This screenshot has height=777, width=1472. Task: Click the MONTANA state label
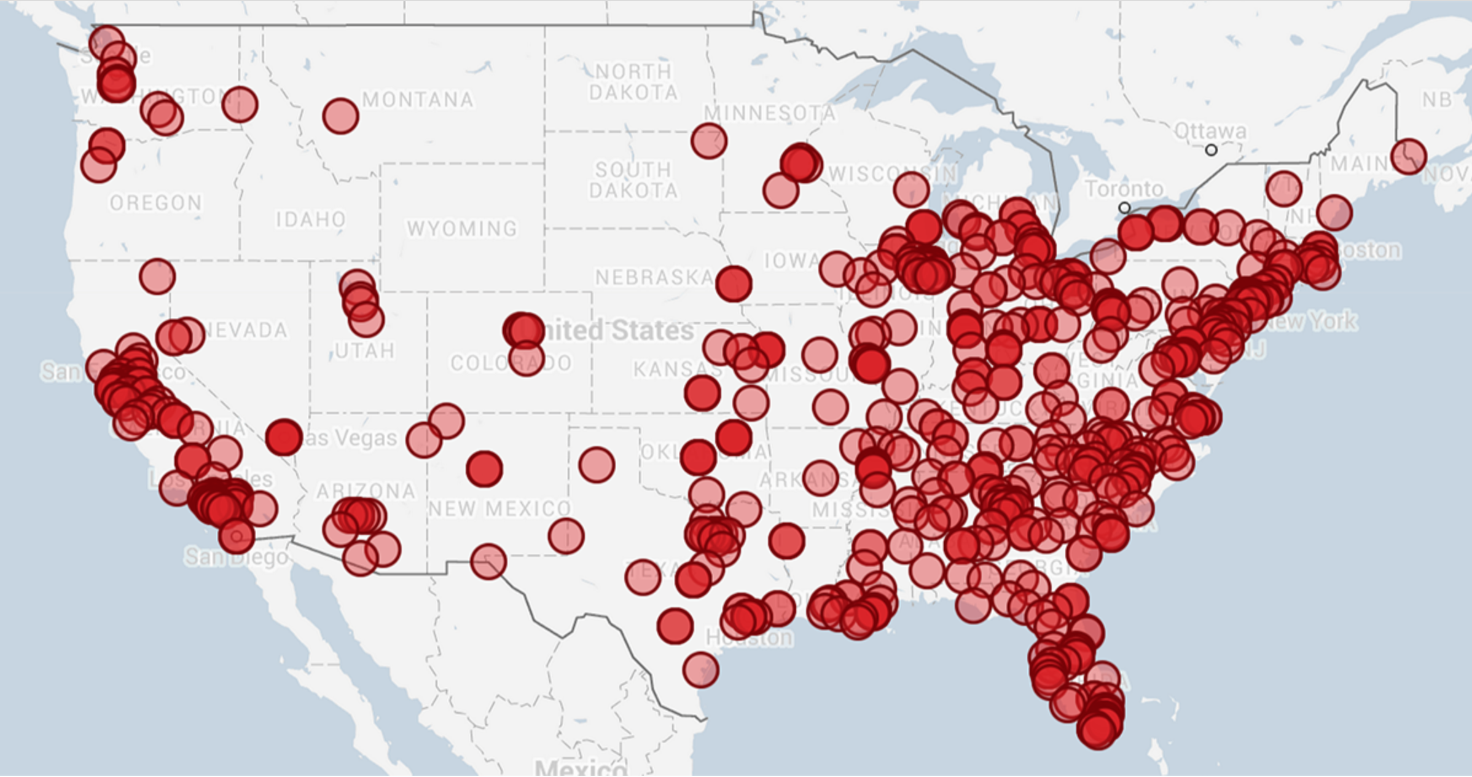[418, 100]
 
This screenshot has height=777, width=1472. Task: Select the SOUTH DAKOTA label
[633, 180]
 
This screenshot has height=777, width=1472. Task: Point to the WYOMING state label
[462, 229]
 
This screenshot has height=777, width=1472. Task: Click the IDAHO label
[311, 219]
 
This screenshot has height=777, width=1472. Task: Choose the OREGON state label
[156, 203]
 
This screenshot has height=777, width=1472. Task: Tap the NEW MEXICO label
[499, 508]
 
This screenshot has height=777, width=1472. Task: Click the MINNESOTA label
[769, 113]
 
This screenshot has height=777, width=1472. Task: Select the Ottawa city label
[1210, 131]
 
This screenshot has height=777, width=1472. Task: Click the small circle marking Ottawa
[1211, 150]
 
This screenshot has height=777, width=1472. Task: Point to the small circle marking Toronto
[1124, 208]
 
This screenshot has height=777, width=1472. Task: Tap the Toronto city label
[1124, 189]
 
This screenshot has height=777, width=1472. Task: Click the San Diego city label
[237, 557]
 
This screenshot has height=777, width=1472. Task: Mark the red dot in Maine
[1409, 156]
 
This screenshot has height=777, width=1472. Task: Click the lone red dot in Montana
[340, 115]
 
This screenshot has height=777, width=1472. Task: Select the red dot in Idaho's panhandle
[240, 104]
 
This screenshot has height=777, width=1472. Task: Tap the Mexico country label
[581, 767]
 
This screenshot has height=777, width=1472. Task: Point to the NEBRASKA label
[654, 277]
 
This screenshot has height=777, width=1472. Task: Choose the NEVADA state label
[246, 330]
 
